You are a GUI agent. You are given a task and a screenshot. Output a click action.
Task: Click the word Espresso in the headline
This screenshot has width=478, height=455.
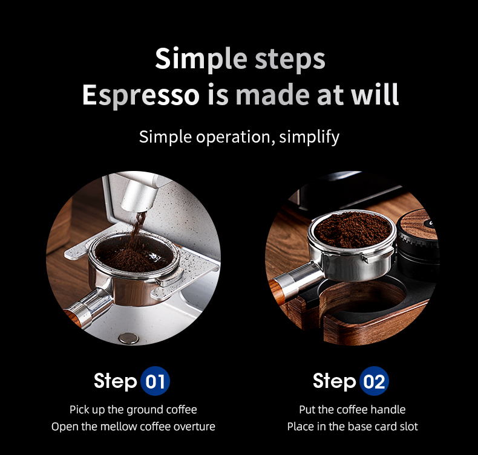tap(141, 95)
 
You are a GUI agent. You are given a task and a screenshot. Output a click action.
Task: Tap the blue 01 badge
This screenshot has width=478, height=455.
tap(155, 381)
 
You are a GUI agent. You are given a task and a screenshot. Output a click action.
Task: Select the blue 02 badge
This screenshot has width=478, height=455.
tap(374, 381)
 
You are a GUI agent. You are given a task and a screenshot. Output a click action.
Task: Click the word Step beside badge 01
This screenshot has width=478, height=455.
tap(116, 381)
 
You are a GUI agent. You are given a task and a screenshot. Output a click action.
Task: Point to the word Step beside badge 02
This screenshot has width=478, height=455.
tap(335, 381)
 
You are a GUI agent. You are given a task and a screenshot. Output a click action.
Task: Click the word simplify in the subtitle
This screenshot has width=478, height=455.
tap(309, 137)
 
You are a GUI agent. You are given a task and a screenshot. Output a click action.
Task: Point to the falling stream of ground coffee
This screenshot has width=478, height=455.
tap(138, 230)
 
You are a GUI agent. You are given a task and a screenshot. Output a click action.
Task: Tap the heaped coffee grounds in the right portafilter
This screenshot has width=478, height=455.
tap(352, 229)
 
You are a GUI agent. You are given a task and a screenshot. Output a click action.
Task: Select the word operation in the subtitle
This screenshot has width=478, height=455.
tap(233, 137)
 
